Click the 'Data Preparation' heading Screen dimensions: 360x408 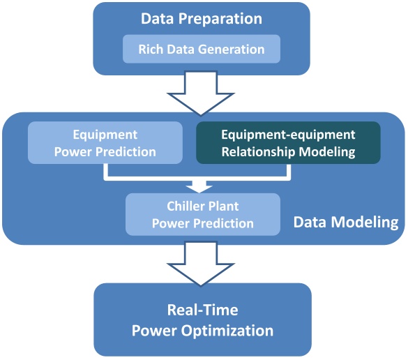pyautogui.click(x=202, y=19)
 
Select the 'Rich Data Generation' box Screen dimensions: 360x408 pyautogui.click(x=202, y=50)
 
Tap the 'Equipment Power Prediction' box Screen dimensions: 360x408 pyautogui.click(x=105, y=142)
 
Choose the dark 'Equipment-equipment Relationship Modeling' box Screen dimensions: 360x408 pyautogui.click(x=288, y=142)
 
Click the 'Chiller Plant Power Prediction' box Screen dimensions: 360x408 pyautogui.click(x=202, y=214)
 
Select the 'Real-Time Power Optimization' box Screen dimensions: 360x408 pyautogui.click(x=202, y=320)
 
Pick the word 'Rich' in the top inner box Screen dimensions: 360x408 pyautogui.click(x=151, y=50)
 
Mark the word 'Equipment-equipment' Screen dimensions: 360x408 pyautogui.click(x=288, y=135)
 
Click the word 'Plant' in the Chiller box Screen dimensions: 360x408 pyautogui.click(x=222, y=207)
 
